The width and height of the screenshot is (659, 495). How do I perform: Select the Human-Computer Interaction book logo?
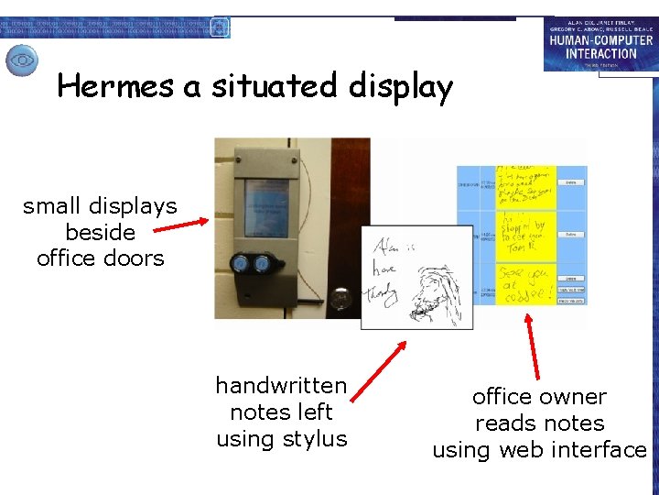tap(599, 43)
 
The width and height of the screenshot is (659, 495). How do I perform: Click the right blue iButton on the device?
tap(262, 264)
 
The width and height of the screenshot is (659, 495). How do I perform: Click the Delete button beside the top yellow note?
tap(570, 182)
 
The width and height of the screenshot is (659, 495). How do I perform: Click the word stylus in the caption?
tap(317, 439)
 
